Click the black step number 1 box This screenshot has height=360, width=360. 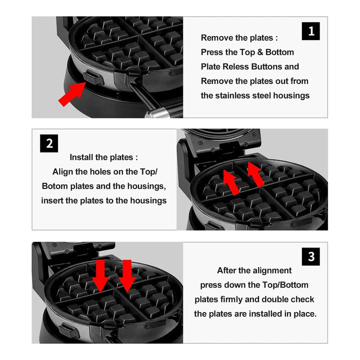310,31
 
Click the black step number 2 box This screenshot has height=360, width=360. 49,143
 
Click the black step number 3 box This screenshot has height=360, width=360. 310,256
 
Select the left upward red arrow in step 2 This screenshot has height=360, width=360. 231,182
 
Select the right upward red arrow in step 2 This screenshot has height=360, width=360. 255,174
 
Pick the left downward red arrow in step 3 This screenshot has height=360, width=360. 100,276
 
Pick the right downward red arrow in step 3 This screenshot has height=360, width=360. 127,276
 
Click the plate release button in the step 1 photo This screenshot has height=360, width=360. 93,77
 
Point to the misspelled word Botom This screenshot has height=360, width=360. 55,186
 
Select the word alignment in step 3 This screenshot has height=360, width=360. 273,270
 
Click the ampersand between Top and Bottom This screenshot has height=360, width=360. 260,52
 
